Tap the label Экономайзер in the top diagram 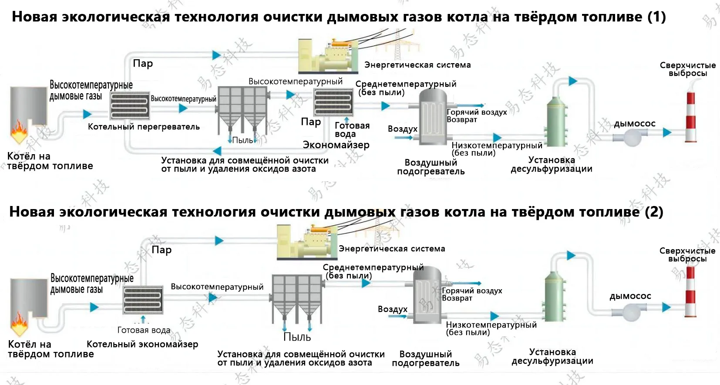[336, 145]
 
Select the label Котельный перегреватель [144, 127]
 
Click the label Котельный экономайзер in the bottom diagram [142, 344]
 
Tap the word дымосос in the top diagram [634, 124]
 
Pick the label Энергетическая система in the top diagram [417, 65]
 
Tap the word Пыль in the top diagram [242, 140]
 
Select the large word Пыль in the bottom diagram [297, 337]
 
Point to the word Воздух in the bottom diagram [392, 309]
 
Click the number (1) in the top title [656, 17]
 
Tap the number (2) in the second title [654, 212]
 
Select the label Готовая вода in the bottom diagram [144, 330]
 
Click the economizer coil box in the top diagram [333, 102]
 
